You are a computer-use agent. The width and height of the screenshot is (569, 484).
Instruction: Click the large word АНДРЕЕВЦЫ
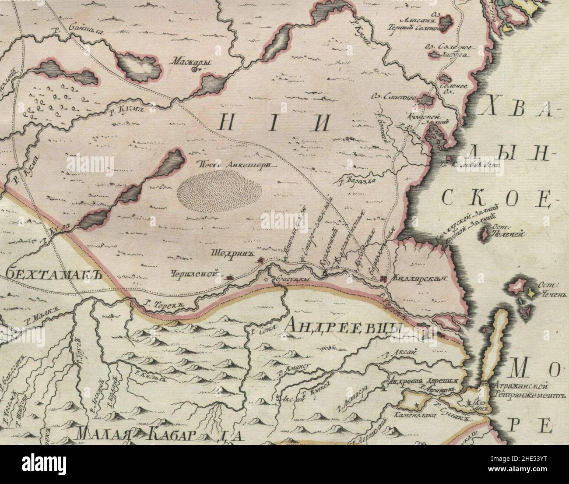click(344, 326)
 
